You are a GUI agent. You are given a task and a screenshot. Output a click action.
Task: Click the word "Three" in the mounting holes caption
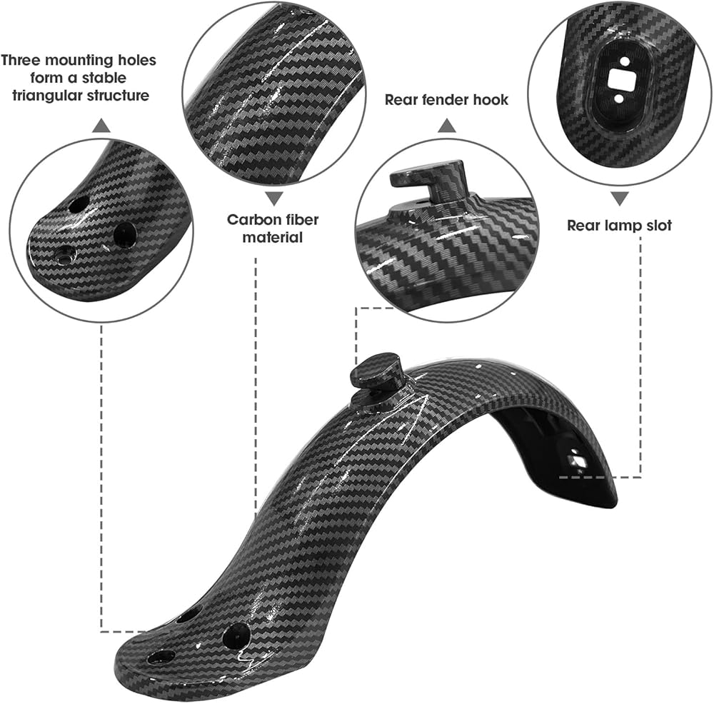tap(21, 60)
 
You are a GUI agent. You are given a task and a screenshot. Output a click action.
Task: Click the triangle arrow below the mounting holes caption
tap(101, 126)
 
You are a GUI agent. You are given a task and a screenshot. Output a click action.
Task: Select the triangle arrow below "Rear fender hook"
tap(446, 126)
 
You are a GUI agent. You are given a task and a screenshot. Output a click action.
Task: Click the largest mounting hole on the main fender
tap(236, 635)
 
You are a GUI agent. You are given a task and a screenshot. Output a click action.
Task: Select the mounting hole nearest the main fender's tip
tap(161, 656)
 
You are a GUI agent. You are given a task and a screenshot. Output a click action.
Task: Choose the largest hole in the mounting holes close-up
tap(125, 233)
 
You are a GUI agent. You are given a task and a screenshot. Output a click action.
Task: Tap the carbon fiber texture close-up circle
tap(272, 93)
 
